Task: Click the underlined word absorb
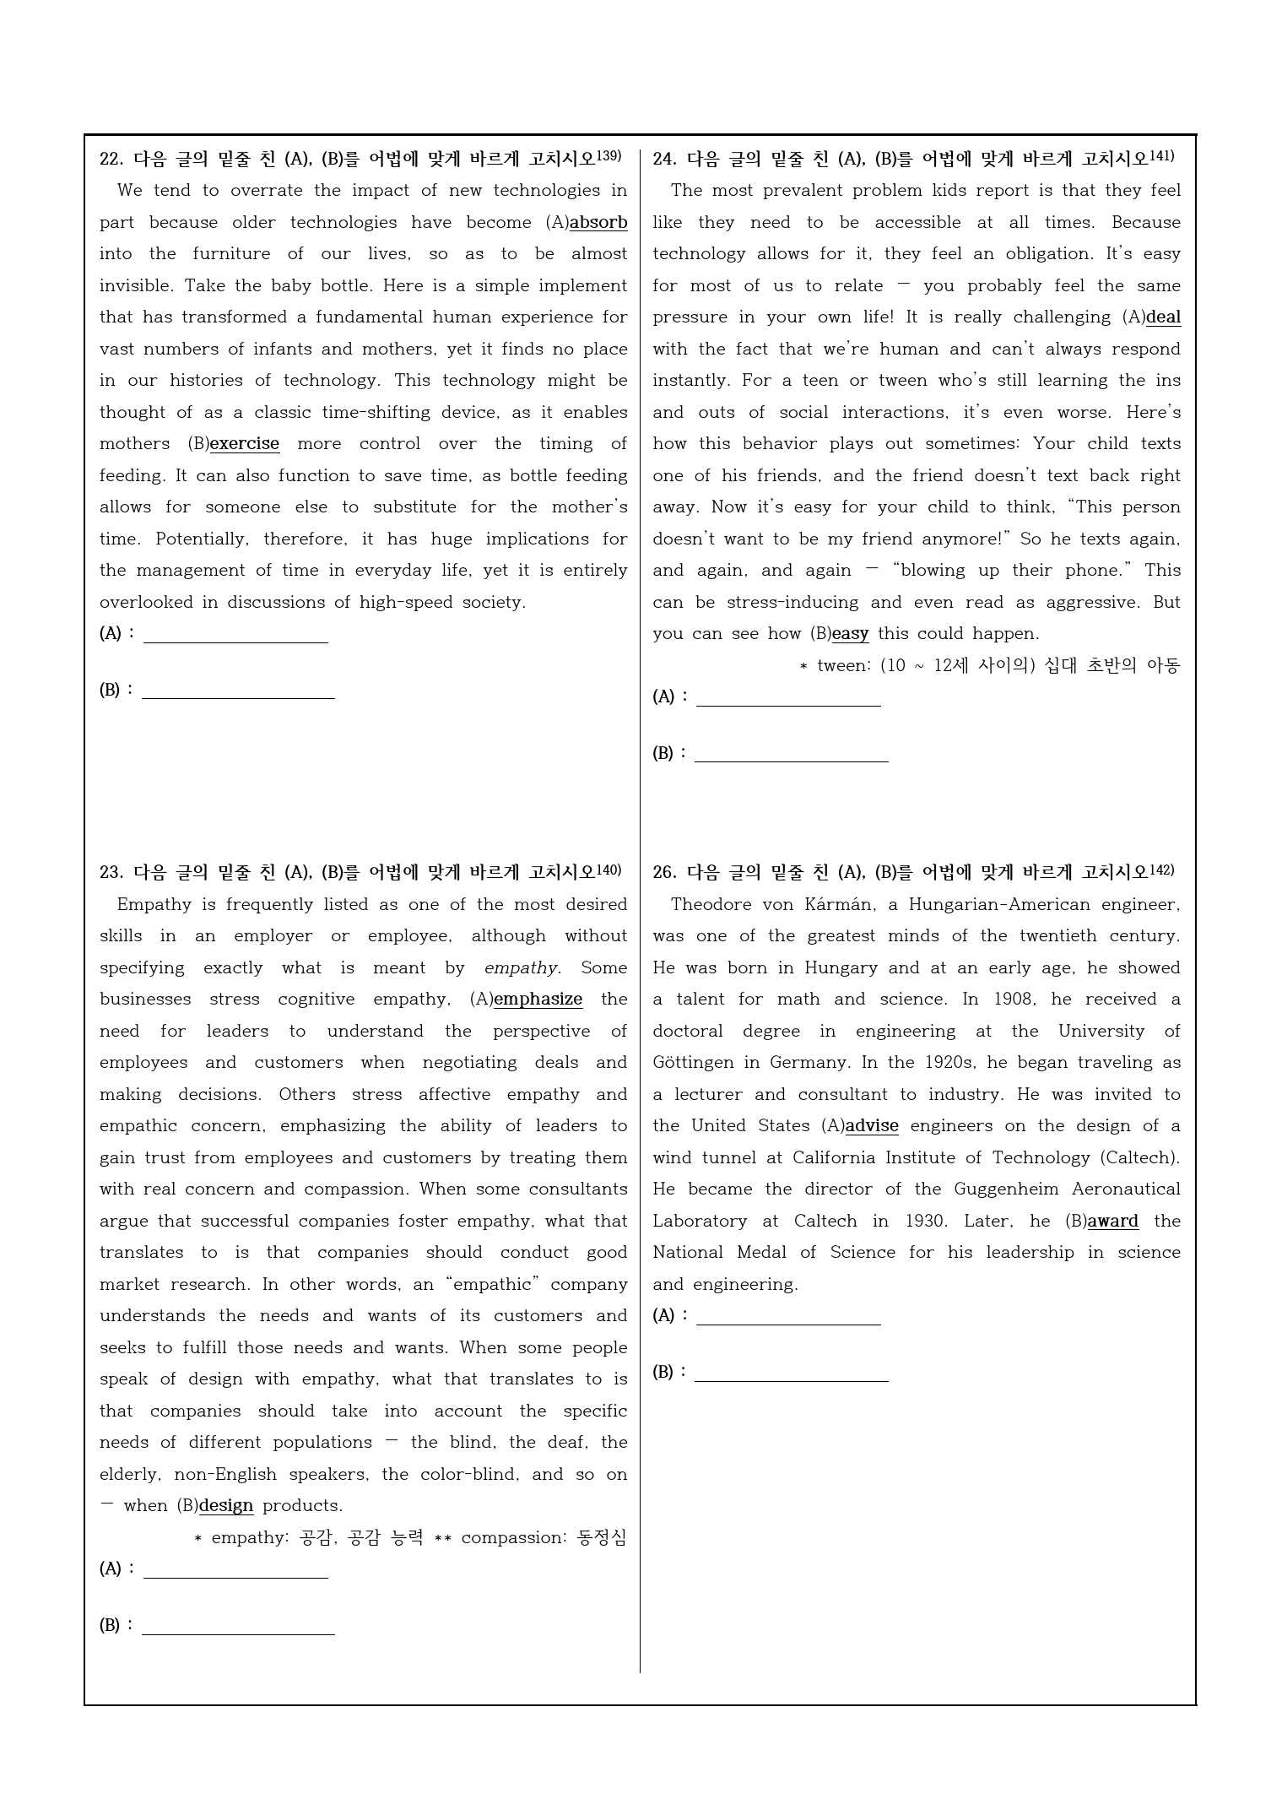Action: [598, 223]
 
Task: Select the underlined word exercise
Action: [244, 444]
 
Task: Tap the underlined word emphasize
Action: [538, 1000]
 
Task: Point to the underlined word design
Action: [226, 1506]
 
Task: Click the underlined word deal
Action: [1164, 317]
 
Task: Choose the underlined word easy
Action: [850, 634]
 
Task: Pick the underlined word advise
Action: [872, 1126]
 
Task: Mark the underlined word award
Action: [1112, 1222]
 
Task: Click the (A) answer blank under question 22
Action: [235, 635]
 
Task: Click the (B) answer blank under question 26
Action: [791, 1373]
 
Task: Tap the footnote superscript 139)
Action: [609, 156]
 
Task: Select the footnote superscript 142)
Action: [1161, 870]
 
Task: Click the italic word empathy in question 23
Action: [521, 968]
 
